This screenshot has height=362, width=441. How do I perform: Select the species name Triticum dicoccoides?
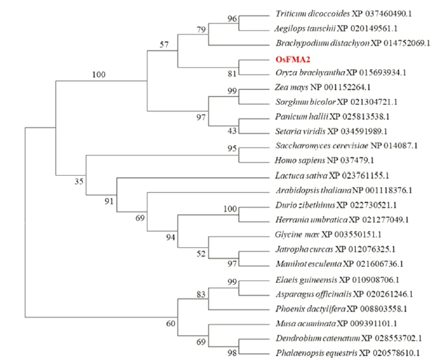click(313, 14)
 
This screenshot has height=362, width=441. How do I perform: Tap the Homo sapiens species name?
click(300, 160)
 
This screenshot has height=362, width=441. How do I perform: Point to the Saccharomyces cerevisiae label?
click(322, 146)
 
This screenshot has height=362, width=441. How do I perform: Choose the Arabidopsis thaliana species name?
click(313, 191)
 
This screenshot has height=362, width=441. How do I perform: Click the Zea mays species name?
click(292, 88)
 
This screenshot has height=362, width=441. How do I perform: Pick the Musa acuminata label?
click(306, 324)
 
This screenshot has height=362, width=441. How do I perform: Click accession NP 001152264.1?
click(340, 88)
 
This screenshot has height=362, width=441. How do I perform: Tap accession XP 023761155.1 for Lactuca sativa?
click(359, 176)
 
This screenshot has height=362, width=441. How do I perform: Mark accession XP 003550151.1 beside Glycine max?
click(351, 235)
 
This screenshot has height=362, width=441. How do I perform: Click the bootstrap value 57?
click(164, 45)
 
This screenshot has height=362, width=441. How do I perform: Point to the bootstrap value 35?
click(79, 182)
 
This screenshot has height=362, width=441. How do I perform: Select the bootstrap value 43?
click(232, 131)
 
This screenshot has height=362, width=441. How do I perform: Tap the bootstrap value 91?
click(109, 201)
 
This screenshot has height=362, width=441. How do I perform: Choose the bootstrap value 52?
click(201, 254)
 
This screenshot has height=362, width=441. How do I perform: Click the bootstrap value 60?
click(171, 323)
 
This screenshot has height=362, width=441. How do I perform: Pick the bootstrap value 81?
click(232, 74)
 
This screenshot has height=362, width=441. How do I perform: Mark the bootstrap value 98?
click(232, 352)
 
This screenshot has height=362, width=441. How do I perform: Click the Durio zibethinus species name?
click(305, 205)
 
